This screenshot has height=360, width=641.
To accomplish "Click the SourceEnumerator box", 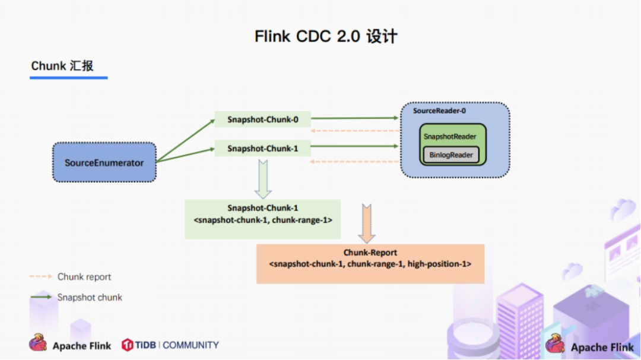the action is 104,163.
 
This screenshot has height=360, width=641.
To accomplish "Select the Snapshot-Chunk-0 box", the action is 262,119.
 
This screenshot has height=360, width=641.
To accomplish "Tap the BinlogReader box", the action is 451,155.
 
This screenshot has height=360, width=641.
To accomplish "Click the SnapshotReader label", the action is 450,136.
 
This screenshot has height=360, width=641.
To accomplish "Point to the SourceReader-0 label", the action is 439,111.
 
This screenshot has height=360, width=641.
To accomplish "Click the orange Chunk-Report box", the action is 370,263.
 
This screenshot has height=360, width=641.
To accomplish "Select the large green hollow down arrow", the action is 263,179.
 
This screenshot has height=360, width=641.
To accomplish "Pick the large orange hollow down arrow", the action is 367,224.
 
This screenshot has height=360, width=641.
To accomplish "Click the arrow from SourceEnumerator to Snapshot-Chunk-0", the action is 186,140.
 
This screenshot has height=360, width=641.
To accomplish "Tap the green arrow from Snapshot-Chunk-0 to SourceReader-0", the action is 355,118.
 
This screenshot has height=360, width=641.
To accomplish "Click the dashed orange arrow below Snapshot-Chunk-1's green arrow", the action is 355,162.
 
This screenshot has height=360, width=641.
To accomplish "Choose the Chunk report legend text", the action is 84,276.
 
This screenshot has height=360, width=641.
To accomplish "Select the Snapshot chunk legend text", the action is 90,297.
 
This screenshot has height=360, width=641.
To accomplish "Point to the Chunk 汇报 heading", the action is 62,66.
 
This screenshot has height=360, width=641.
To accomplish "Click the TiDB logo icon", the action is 128,345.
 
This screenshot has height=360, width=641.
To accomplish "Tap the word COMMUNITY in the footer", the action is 191,345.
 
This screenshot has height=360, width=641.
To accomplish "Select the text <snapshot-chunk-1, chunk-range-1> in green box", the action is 263,220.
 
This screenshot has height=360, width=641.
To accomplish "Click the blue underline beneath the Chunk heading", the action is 69,78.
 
